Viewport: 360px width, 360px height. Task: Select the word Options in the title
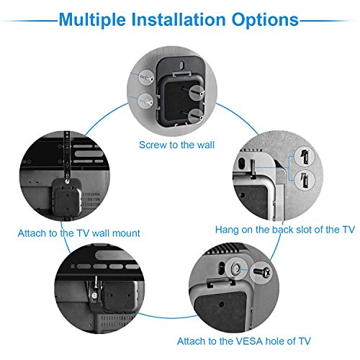[261, 19]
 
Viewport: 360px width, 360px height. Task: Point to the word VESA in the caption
[243, 341]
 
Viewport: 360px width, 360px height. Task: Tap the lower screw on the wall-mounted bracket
[194, 112]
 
